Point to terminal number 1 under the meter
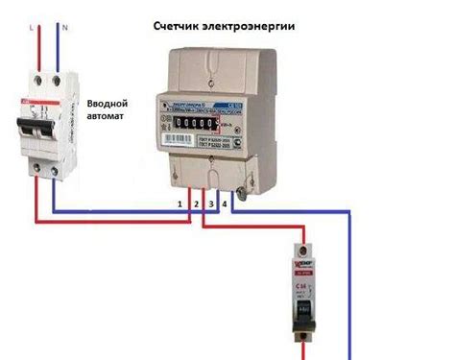tap(179, 205)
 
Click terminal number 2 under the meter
tap(195, 205)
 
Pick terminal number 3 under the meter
tap(210, 205)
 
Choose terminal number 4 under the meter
tap(225, 205)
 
